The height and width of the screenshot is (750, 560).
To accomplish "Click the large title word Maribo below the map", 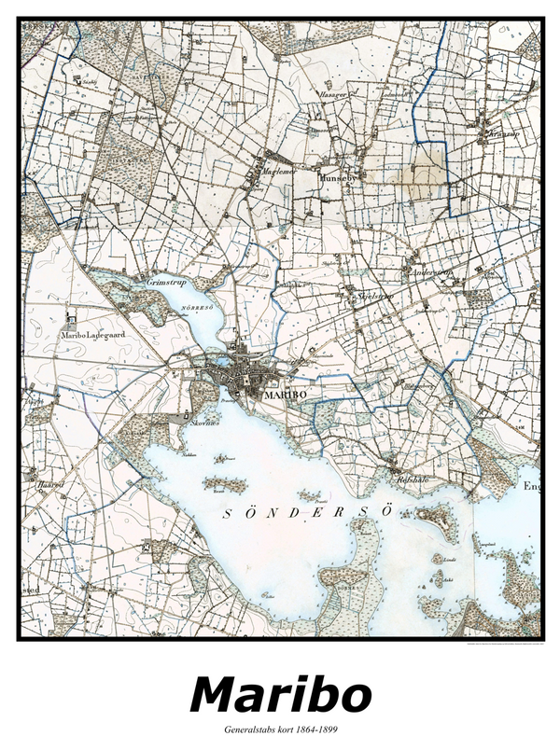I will [x=280, y=694].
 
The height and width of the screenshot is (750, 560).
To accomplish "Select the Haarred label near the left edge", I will [x=49, y=485].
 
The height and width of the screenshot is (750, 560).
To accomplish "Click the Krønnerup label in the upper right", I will [x=502, y=133].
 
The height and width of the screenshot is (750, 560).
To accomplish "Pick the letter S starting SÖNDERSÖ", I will [x=229, y=514].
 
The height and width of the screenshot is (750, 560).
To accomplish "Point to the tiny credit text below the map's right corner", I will [x=504, y=646].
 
